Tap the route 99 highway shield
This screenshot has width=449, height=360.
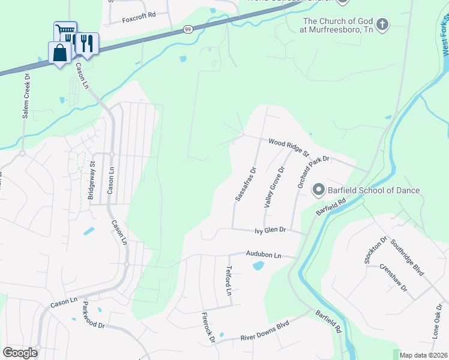coord(188,30)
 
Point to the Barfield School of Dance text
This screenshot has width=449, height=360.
coord(373,191)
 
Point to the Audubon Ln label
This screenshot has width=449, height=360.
coord(264,254)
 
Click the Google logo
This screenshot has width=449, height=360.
coord(20,353)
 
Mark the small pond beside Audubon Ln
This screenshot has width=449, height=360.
coord(259,265)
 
